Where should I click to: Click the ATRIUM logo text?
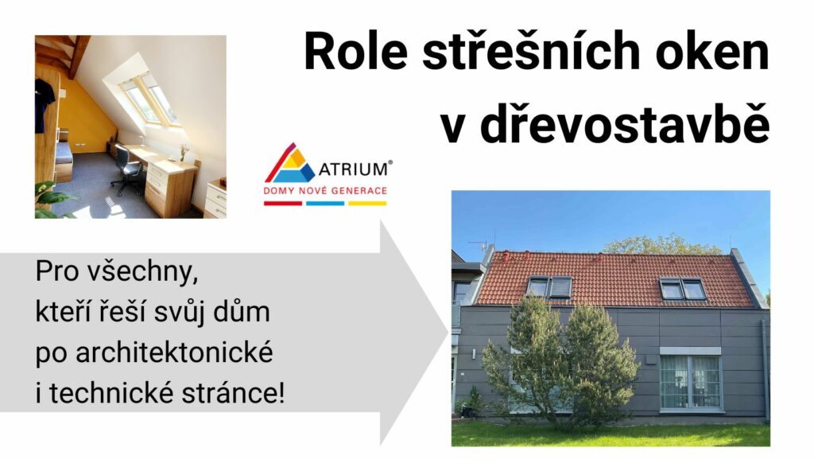tap(354, 169)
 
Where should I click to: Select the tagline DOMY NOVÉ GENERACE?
tap(325, 191)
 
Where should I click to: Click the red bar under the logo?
tap(283, 204)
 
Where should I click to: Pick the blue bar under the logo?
tap(325, 204)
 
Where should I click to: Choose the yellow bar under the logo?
tap(367, 204)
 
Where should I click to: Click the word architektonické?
tap(174, 353)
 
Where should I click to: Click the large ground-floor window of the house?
tap(691, 382)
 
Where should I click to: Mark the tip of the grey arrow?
tap(448, 333)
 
